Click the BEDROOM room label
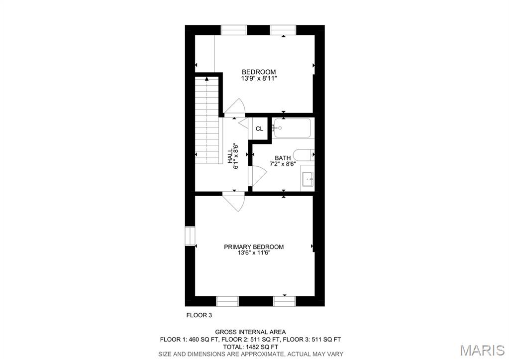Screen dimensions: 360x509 (258, 72)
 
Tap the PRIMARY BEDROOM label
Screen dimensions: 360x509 (254, 247)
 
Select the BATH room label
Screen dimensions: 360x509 (283, 158)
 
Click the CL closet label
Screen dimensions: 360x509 (259, 129)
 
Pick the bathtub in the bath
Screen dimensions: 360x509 (293, 128)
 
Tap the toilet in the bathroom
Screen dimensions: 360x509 (304, 155)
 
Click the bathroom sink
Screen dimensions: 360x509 (307, 178)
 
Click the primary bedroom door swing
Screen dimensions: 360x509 (232, 202)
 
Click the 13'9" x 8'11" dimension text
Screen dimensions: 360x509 (258, 78)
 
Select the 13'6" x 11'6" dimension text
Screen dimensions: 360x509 (254, 253)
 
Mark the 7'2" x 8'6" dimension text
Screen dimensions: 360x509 (283, 164)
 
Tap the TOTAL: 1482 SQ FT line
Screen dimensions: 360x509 (250, 347)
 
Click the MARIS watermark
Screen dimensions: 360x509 (482, 350)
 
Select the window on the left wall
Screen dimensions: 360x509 (189, 236)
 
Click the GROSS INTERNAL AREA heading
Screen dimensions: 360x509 (250, 332)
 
